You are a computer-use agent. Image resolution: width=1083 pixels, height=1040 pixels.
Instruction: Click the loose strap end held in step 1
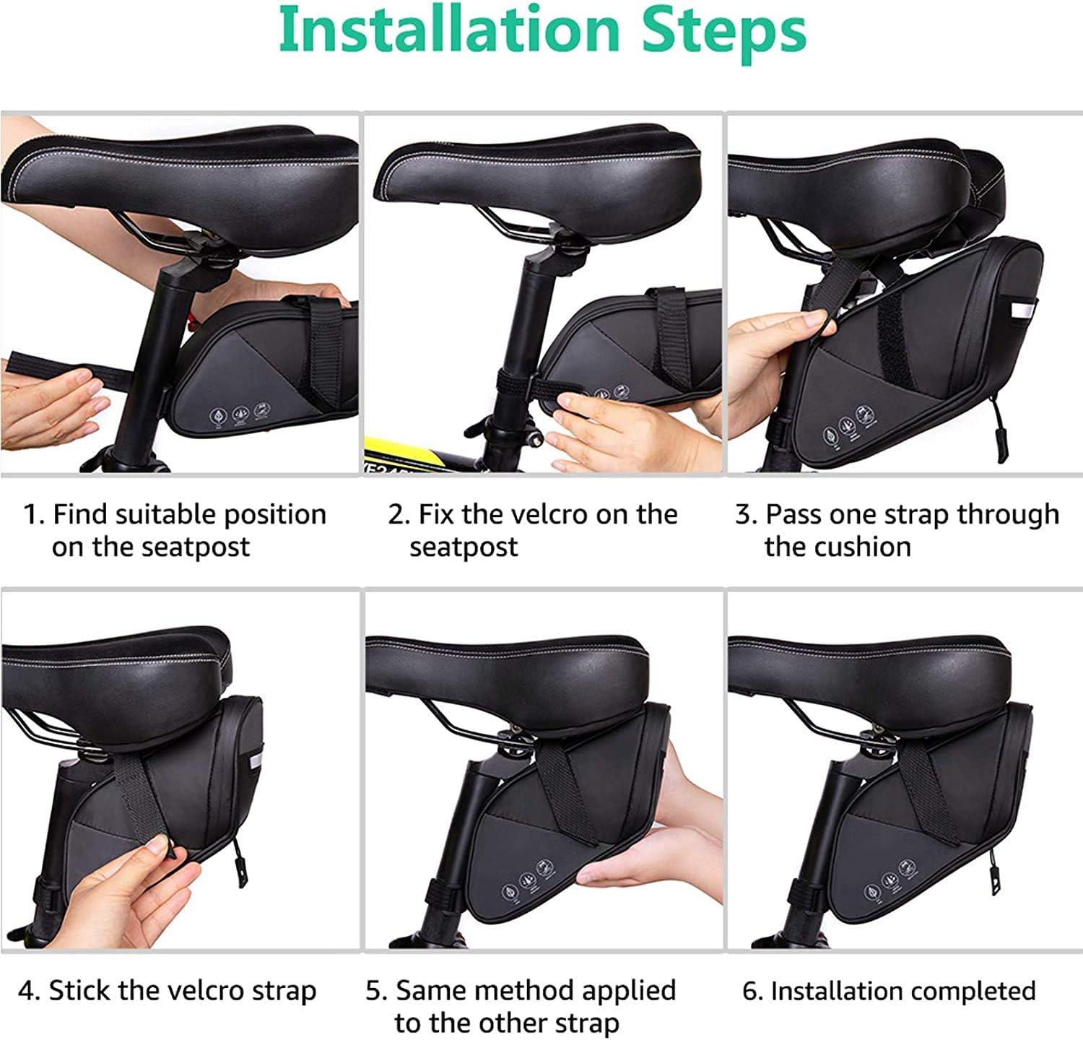pyautogui.click(x=65, y=369)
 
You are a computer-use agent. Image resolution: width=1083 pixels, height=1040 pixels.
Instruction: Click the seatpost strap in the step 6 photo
pyautogui.click(x=805, y=896)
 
